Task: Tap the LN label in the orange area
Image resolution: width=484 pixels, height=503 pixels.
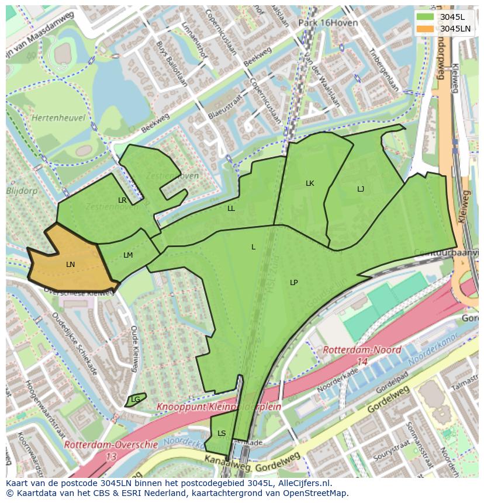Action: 70,265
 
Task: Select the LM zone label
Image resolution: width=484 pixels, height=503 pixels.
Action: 128,255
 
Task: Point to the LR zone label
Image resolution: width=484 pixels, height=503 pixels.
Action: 122,200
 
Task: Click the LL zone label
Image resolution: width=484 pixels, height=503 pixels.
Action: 231,209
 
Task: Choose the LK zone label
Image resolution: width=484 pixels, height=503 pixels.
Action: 310,183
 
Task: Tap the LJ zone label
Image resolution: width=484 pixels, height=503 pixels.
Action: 361,189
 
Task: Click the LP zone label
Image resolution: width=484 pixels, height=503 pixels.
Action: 294,283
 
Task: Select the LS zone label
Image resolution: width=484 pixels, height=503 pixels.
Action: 222,433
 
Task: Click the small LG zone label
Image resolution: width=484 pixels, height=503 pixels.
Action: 136,400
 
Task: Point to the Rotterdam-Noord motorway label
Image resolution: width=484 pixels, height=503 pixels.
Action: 362,351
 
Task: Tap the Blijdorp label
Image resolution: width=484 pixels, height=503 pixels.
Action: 21,190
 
